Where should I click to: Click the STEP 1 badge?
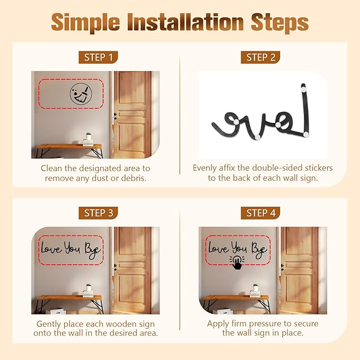[x=98, y=57]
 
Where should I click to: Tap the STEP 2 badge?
[x=260, y=57]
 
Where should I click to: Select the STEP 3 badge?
[x=98, y=213]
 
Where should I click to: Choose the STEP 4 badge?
[x=260, y=213]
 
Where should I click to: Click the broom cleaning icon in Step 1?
[x=81, y=94]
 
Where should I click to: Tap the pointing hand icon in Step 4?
[x=237, y=262]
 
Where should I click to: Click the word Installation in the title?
[x=186, y=22]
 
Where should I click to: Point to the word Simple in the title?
[x=85, y=23]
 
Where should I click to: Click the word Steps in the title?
[x=279, y=23]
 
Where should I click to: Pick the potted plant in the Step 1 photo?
[x=89, y=136]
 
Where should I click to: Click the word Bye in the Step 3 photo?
[x=93, y=250]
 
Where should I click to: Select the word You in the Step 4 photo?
[x=239, y=248]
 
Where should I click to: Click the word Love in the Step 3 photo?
[x=51, y=249]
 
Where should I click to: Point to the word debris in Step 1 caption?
[x=134, y=178]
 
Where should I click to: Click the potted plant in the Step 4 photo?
[x=256, y=287]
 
